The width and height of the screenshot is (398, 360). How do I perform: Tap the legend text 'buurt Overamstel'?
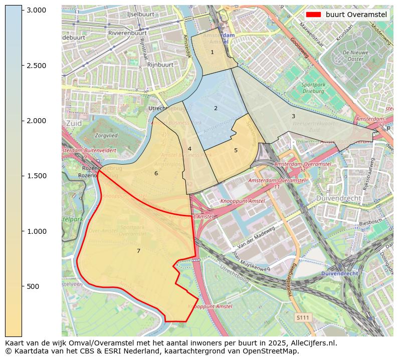click(356, 15)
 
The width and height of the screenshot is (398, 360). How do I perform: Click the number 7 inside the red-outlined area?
click(138, 251)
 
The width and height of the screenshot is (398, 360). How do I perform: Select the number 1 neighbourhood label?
click(212, 52)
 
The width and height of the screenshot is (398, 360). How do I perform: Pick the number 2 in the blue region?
click(216, 108)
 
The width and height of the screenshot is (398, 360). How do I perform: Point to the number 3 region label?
click(293, 116)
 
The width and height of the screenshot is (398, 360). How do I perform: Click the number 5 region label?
click(236, 150)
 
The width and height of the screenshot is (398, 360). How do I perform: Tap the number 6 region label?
click(156, 173)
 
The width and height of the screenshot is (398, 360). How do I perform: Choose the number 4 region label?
click(189, 149)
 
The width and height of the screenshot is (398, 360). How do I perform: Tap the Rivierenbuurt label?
click(127, 33)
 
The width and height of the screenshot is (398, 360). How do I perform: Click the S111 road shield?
click(302, 317)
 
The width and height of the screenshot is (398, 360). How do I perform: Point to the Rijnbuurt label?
click(160, 65)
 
